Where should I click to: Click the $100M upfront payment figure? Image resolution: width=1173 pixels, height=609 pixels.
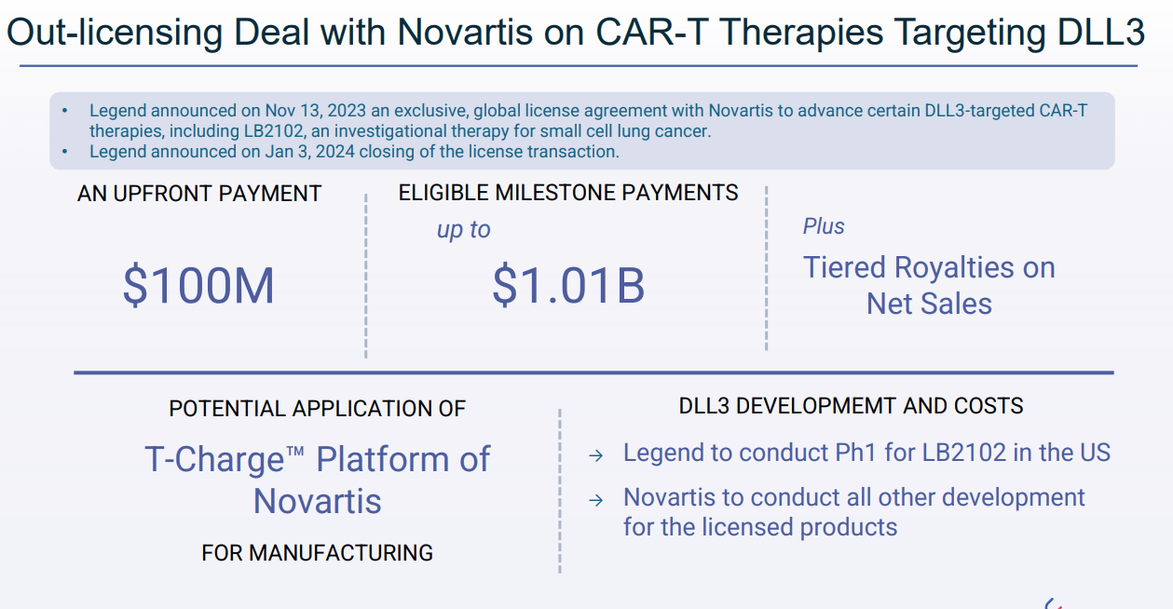(x=198, y=286)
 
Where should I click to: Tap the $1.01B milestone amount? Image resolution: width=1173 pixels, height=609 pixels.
(x=568, y=286)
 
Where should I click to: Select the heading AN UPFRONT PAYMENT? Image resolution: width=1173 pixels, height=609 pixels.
(x=199, y=194)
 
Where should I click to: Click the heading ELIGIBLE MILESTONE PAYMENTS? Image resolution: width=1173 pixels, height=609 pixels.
(x=568, y=193)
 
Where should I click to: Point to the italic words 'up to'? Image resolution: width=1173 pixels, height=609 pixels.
(x=463, y=230)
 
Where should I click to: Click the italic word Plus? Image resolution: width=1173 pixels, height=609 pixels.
(x=824, y=226)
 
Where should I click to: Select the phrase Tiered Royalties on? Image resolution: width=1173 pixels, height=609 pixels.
(x=929, y=268)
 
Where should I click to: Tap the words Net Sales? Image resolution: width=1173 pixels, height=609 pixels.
(x=929, y=304)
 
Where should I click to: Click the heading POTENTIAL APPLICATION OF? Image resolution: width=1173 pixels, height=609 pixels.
(x=317, y=409)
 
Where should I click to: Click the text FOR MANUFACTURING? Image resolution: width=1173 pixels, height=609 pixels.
(x=317, y=553)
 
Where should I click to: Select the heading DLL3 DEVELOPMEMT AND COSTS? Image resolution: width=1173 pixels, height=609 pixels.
(x=851, y=406)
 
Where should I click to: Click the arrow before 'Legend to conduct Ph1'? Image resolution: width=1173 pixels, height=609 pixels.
(x=596, y=455)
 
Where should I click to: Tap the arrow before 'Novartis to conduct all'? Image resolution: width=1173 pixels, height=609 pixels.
(x=596, y=500)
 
